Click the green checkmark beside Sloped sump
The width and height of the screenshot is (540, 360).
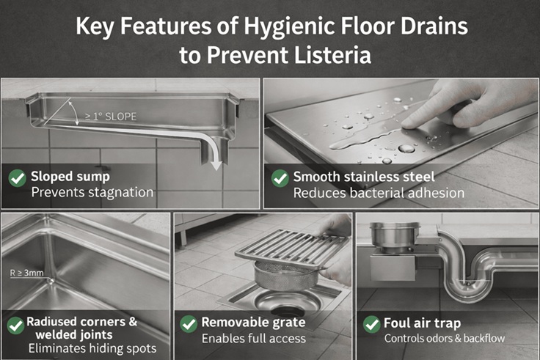pos(17,178)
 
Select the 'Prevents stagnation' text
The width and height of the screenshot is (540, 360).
pos(92,193)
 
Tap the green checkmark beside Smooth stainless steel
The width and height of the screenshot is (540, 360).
pos(280,178)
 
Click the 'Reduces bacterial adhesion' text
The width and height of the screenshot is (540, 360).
pos(379,194)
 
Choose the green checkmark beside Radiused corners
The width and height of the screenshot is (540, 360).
pos(15,325)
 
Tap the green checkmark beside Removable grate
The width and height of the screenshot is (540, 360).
pos(189,323)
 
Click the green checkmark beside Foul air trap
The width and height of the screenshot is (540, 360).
pos(371,323)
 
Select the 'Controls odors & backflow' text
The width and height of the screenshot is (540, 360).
pos(445,338)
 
